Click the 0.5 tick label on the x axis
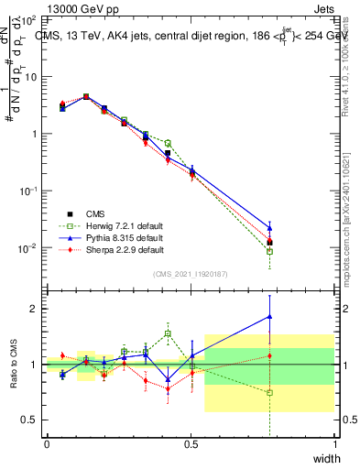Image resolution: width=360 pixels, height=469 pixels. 191,444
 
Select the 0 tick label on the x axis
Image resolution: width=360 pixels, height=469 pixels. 47,444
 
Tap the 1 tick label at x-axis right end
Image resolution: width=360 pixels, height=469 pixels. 334,444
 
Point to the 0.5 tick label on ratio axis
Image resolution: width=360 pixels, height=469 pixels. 28,420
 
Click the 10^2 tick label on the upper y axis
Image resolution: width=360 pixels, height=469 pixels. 26,19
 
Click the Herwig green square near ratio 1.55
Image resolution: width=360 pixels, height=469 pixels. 168,333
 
